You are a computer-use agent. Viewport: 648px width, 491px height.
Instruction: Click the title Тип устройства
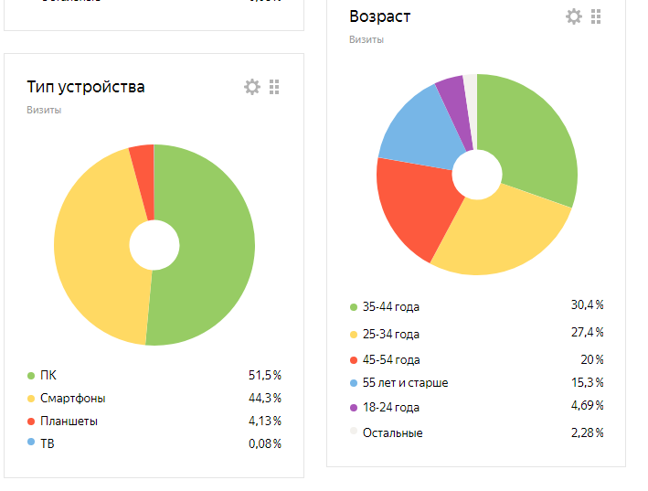86,88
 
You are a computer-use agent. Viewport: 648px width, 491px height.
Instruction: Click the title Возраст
379,16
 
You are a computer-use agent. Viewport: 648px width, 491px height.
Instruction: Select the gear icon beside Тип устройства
251,87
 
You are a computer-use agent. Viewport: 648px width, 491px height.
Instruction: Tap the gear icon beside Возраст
573,16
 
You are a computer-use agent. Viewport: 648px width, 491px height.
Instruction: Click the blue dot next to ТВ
31,443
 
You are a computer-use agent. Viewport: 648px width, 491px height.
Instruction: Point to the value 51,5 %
264,375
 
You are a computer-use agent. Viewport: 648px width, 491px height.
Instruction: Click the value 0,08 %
264,443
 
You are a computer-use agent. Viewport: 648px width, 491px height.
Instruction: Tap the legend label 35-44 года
390,307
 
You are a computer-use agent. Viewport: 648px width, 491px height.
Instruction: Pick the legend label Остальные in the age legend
392,432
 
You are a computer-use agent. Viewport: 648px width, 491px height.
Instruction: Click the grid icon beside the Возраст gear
596,16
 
